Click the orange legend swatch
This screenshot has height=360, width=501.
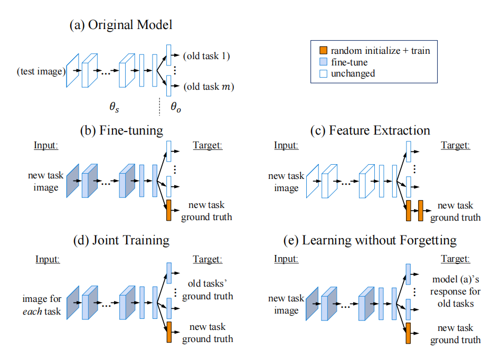coord(324,51)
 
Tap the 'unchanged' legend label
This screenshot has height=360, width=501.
coord(353,73)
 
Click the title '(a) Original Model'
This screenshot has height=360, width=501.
coord(120,25)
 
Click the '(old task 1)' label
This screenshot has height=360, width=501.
coord(207,55)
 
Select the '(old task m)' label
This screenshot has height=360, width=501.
coord(208,86)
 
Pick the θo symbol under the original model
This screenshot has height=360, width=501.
coord(175,107)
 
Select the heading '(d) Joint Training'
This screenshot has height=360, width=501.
coord(121,240)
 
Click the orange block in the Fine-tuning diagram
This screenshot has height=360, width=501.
coord(169,211)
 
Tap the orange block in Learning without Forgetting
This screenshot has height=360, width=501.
coord(408,333)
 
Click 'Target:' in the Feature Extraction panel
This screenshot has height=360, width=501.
coord(455,145)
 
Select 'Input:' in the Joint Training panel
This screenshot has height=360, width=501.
coord(48,259)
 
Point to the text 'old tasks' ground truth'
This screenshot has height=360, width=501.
coord(207,289)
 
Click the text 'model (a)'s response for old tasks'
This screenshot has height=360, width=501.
coord(455,291)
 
